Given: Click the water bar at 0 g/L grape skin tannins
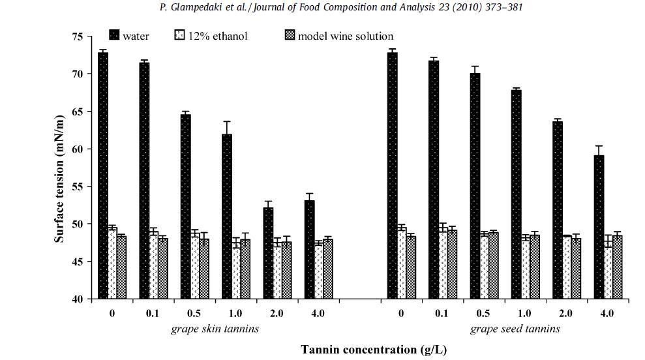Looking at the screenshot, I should point(103,176).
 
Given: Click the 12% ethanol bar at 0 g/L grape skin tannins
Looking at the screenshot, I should point(112,263).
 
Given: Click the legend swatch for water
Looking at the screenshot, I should point(114,35).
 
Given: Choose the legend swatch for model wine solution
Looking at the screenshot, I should point(290,35).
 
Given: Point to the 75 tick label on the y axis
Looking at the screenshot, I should point(78,37).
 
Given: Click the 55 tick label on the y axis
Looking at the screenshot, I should point(78,187).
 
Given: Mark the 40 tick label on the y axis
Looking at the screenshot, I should point(78,299).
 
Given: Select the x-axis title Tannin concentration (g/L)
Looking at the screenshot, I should point(374,350).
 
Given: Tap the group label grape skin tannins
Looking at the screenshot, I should point(215,329).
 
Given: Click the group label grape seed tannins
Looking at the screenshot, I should point(515,329).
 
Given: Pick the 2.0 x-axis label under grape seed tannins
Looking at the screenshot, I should point(565,314).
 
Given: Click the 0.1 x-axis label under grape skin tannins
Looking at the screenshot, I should point(153,314).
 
